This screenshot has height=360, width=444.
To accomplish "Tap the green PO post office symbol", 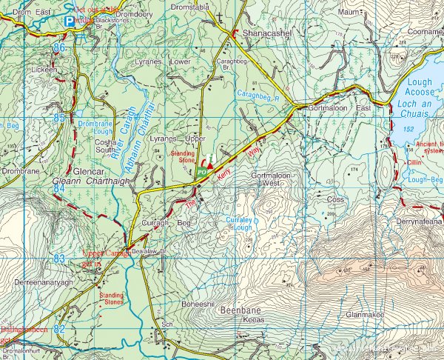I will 201,173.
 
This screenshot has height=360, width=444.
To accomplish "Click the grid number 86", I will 59,47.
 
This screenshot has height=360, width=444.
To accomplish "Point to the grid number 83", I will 59,257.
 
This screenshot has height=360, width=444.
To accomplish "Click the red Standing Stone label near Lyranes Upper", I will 183,156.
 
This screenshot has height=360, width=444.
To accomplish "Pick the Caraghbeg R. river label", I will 256,96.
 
